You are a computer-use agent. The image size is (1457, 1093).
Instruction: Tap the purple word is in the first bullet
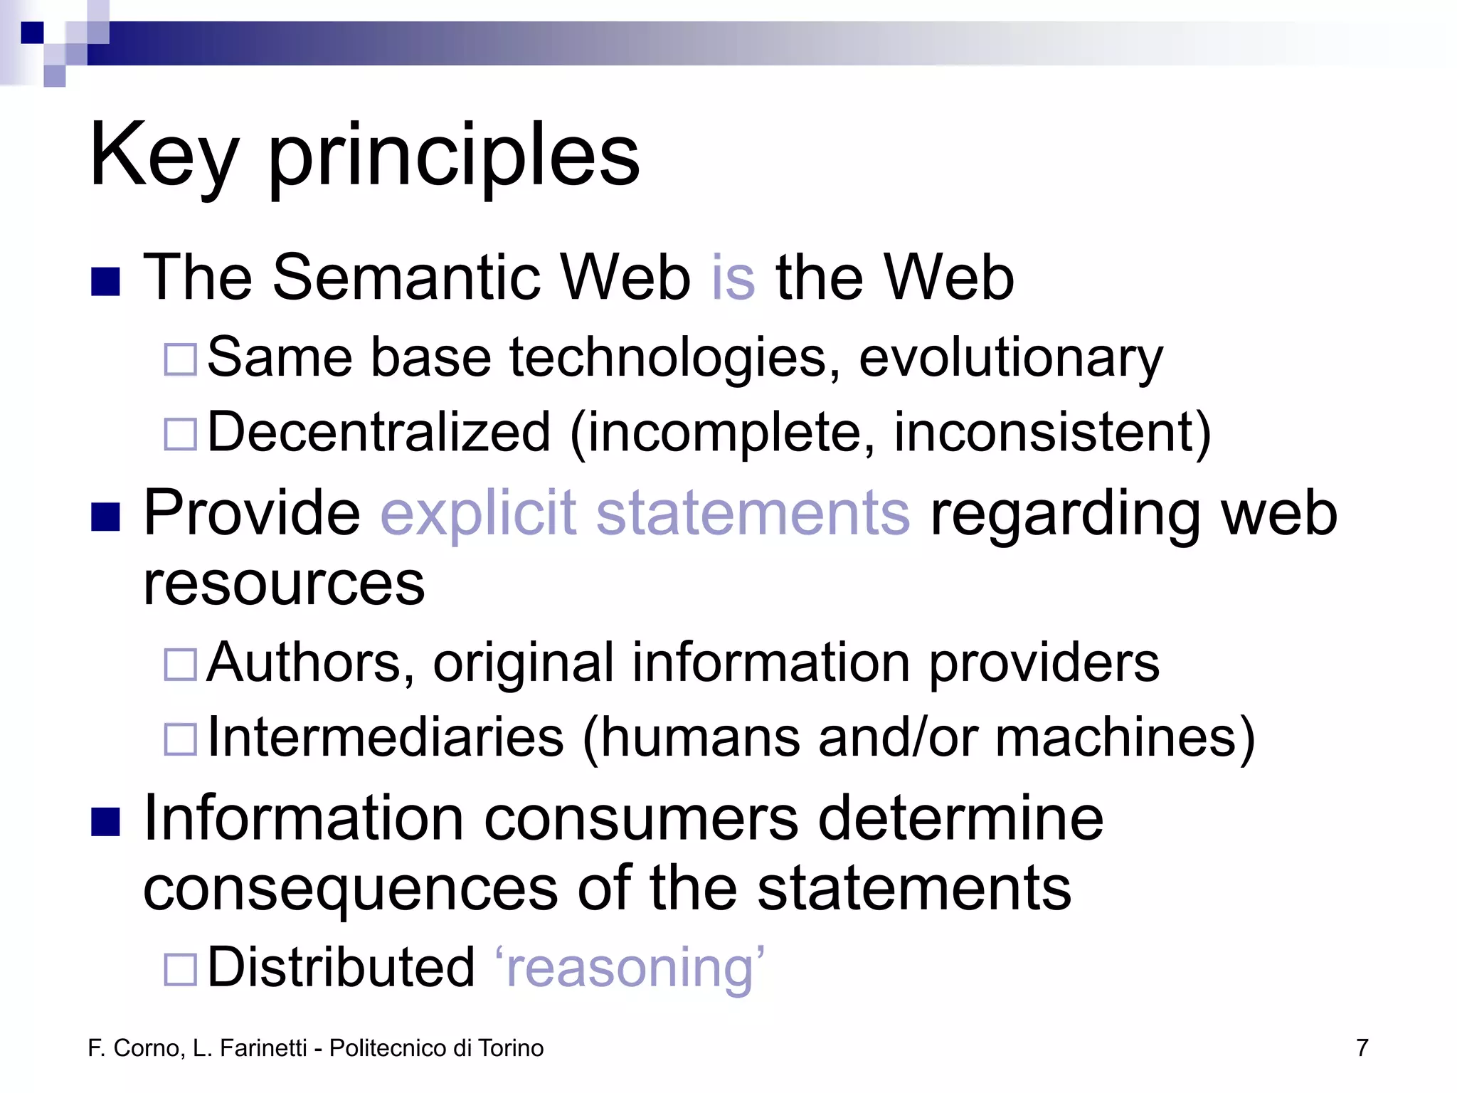pos(733,278)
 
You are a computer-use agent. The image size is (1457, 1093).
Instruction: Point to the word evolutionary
pos(1010,358)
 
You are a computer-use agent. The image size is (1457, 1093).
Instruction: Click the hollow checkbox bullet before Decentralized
pos(180,434)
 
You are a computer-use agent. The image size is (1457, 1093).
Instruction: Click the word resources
pos(284,584)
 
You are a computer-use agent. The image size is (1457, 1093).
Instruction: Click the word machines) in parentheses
pos(1125,739)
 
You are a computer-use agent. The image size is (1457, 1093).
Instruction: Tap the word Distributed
pos(341,968)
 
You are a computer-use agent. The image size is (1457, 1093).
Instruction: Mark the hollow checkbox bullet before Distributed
pos(180,969)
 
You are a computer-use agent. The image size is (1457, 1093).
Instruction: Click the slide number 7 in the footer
pos(1362,1048)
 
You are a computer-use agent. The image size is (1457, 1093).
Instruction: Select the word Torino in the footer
pos(511,1048)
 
